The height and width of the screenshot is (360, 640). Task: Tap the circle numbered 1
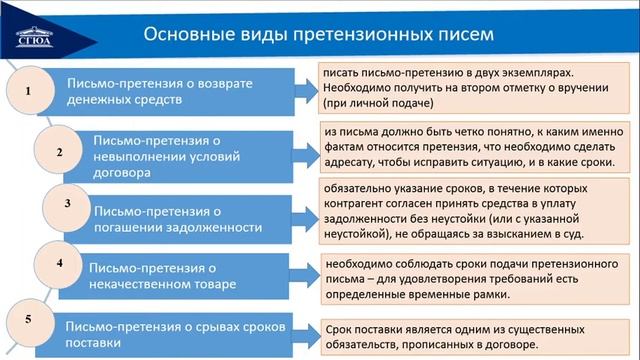tap(29, 91)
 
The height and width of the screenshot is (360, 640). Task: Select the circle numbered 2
tap(59, 152)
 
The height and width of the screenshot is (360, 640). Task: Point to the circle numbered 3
tap(66, 205)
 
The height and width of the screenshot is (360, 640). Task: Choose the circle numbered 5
tap(28, 319)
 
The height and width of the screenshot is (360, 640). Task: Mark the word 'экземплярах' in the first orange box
tap(537, 74)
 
